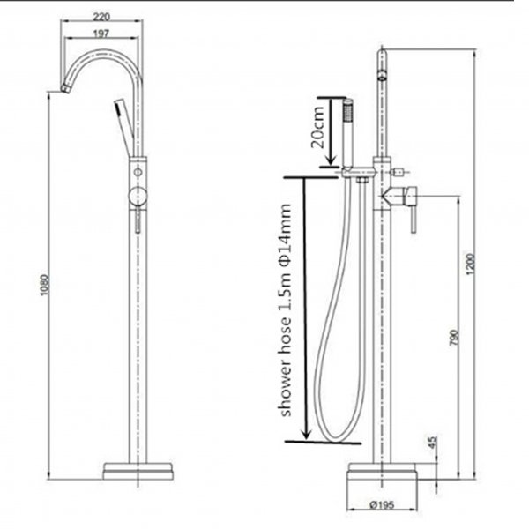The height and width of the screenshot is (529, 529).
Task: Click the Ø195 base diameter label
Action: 381,506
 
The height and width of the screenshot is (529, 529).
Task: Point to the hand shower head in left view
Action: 117,110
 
